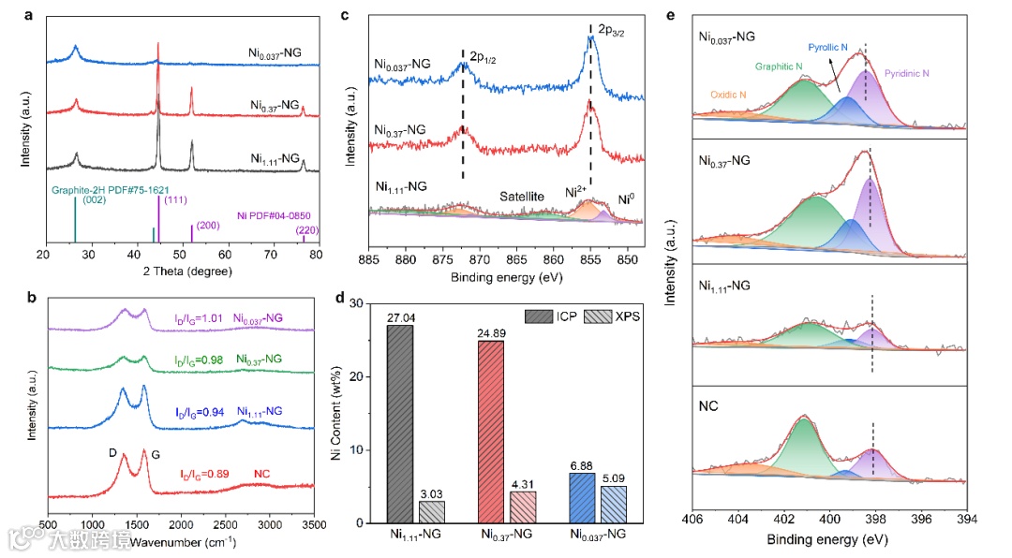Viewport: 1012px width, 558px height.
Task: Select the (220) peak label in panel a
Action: click(306, 229)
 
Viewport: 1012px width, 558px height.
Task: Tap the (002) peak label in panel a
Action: click(93, 199)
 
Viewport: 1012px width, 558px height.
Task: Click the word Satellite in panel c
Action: click(522, 197)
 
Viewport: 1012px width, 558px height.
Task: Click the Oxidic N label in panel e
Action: click(728, 95)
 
